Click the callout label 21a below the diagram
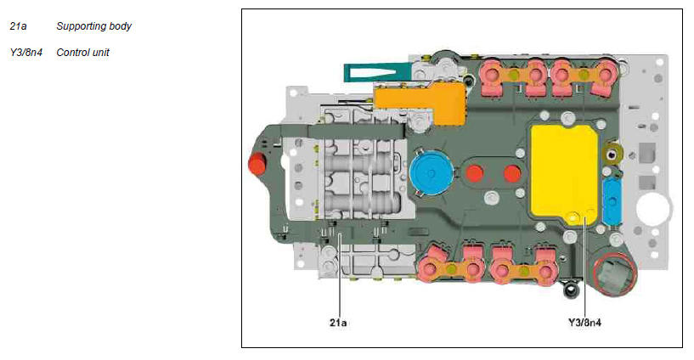click(338, 323)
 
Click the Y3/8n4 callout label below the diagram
click(584, 323)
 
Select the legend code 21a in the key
click(18, 26)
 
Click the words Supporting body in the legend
click(93, 26)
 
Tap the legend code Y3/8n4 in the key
click(26, 53)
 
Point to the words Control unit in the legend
click(82, 53)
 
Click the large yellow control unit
click(564, 175)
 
